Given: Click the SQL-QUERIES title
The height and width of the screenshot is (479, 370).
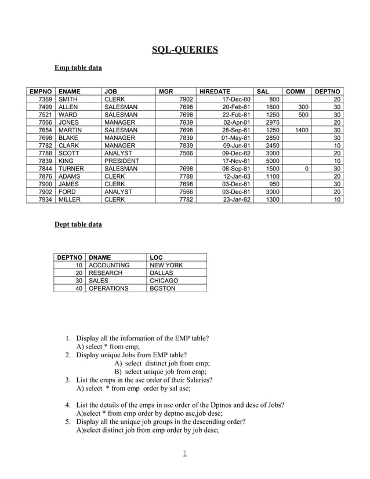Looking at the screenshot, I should click(184, 49).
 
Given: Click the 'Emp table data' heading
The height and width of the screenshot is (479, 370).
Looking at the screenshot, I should click(78, 68).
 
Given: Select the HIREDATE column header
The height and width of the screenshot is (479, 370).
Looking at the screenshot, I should click(215, 91).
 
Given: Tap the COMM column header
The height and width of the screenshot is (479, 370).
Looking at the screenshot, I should click(295, 91).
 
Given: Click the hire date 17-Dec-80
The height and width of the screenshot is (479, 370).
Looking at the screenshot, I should click(236, 100).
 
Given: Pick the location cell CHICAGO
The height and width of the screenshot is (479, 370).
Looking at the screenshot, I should click(164, 280).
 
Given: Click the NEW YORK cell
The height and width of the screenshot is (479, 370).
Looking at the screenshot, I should click(166, 265).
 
